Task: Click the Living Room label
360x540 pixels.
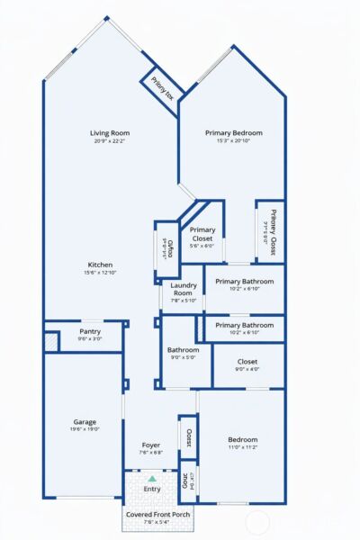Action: pyautogui.click(x=110, y=133)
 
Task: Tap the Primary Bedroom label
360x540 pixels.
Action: pyautogui.click(x=232, y=133)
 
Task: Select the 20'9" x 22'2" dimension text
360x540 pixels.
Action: pyautogui.click(x=110, y=141)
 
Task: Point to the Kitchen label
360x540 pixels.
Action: pyautogui.click(x=100, y=265)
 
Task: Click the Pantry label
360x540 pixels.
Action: pyautogui.click(x=90, y=331)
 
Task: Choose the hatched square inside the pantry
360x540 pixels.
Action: pyautogui.click(x=51, y=341)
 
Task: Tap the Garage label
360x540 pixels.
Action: pyautogui.click(x=85, y=421)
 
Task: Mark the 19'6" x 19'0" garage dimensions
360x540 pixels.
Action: pyautogui.click(x=85, y=429)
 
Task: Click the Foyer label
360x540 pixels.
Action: pyautogui.click(x=150, y=445)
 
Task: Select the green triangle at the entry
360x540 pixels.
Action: pyautogui.click(x=151, y=480)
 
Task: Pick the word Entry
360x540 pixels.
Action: pyautogui.click(x=151, y=489)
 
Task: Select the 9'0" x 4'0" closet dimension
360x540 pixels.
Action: pyautogui.click(x=247, y=369)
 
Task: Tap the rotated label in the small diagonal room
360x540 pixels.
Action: pyautogui.click(x=163, y=88)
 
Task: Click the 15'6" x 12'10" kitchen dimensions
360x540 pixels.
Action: pyautogui.click(x=100, y=273)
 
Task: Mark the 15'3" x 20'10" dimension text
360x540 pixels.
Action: pyautogui.click(x=232, y=141)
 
